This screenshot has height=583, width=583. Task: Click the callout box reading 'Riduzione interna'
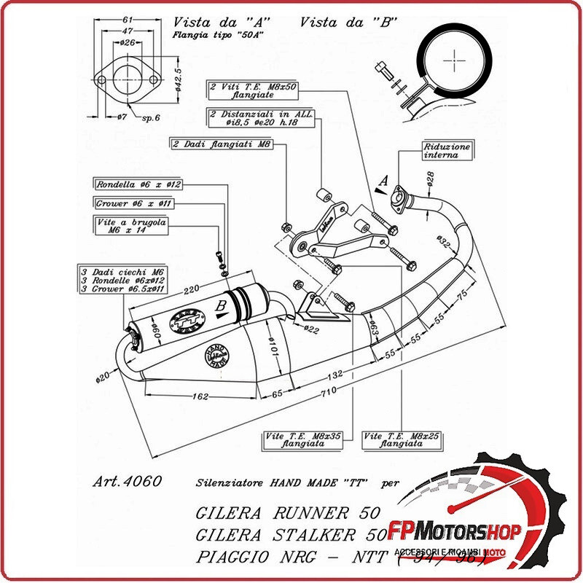click(x=447, y=151)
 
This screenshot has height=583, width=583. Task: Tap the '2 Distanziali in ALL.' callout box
click(x=251, y=118)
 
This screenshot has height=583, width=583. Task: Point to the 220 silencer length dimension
click(x=191, y=289)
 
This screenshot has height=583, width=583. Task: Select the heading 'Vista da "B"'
click(x=348, y=22)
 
